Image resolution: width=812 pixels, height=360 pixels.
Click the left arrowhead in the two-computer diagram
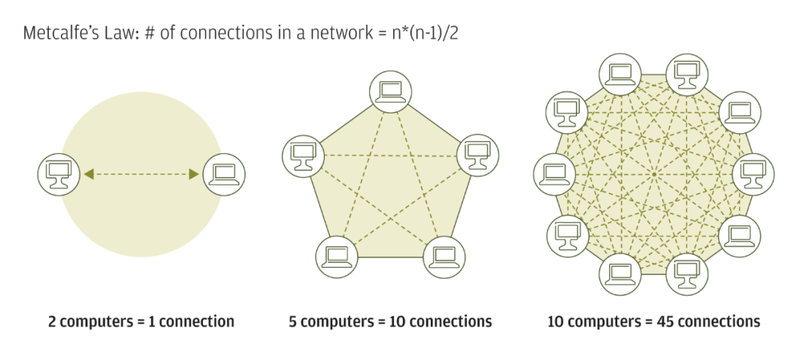point(89,174)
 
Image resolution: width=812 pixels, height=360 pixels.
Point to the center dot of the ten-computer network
point(653,174)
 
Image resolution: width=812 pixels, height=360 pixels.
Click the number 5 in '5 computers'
point(292,322)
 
